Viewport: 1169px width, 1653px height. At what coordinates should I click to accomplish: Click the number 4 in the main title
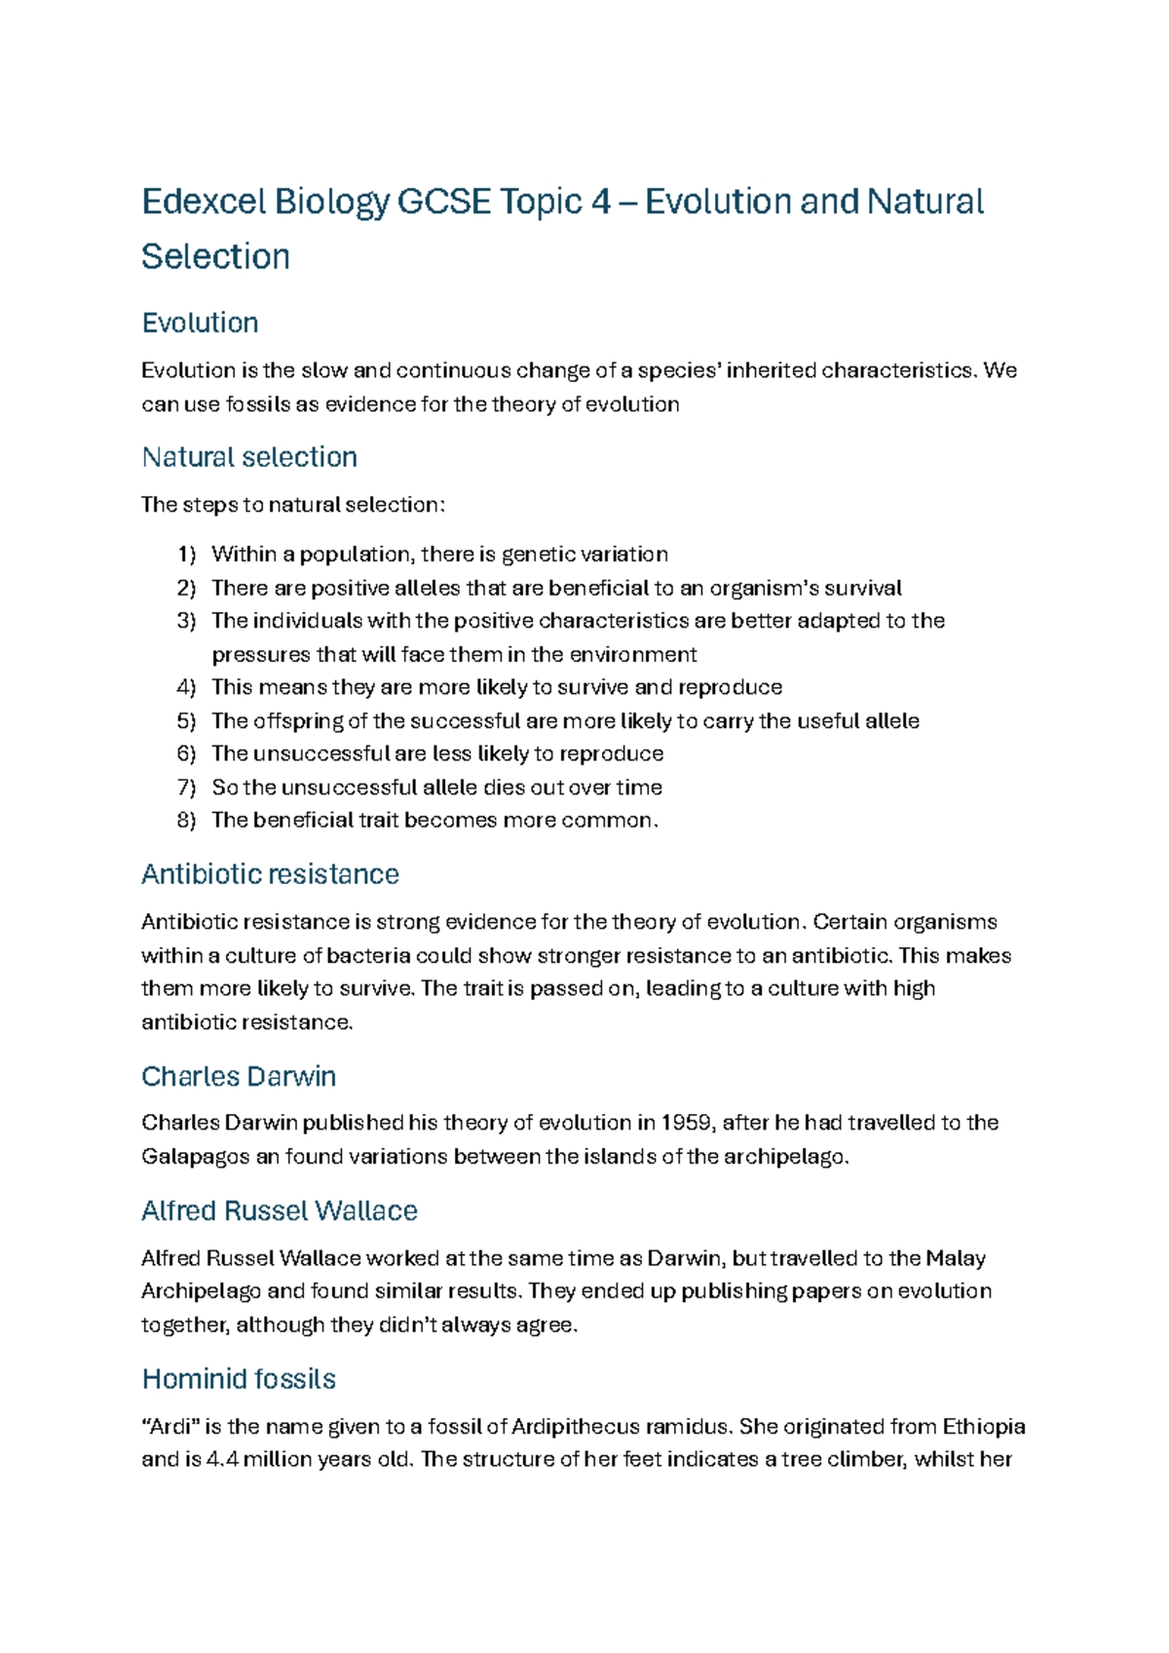click(x=600, y=203)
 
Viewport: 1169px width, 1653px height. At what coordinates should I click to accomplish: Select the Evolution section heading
click(x=200, y=323)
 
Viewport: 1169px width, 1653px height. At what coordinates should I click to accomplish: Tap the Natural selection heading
click(x=249, y=457)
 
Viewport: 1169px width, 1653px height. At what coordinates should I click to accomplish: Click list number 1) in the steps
click(x=186, y=555)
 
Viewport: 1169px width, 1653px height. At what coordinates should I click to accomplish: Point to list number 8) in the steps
click(x=186, y=821)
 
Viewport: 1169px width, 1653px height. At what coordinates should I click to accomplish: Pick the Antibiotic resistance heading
click(x=270, y=874)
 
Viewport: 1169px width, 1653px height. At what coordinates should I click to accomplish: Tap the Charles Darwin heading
click(x=239, y=1077)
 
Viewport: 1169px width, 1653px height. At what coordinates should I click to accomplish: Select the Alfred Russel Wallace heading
click(x=280, y=1211)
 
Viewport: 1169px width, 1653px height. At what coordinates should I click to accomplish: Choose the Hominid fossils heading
click(x=239, y=1379)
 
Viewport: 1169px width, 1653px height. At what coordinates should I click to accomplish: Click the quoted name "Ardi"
click(x=170, y=1427)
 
